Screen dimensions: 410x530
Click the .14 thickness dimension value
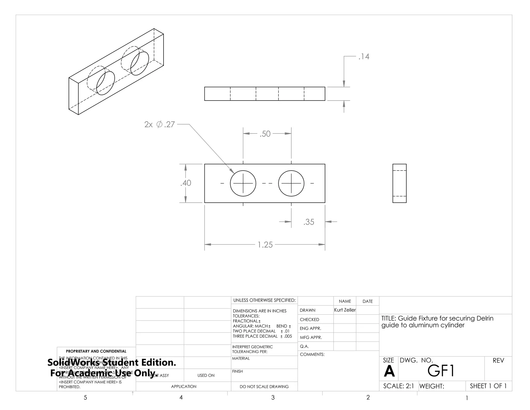point(364,56)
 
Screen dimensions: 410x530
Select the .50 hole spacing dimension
point(265,134)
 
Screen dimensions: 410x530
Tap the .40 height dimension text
point(186,183)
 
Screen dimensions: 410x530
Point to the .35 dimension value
point(309,222)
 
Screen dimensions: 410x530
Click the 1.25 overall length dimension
point(265,245)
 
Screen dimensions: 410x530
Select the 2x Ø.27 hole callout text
point(160,124)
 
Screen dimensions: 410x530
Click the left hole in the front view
point(243,183)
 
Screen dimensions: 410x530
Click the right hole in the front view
point(291,183)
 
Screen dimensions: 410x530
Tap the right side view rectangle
point(399,183)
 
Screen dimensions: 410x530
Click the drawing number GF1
point(441,371)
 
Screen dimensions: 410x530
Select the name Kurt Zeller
point(345,310)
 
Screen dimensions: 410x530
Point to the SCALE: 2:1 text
point(399,386)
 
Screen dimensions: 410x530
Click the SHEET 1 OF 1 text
point(488,386)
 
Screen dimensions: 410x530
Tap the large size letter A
point(389,371)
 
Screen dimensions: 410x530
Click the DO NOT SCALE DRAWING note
point(264,387)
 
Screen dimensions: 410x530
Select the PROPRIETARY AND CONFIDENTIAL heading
point(96,351)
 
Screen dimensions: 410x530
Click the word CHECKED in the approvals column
point(309,320)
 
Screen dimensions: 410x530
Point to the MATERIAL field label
point(241,358)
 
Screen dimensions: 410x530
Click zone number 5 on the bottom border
point(85,398)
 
